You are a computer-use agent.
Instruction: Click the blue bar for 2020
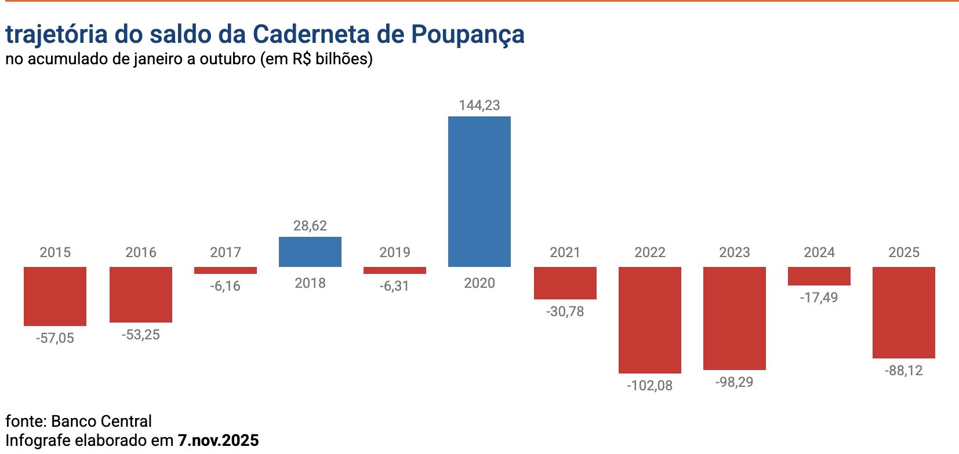pos(479,191)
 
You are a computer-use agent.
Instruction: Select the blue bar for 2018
pos(310,252)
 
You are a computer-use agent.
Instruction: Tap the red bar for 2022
pos(650,320)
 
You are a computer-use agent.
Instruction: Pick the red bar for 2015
pos(55,296)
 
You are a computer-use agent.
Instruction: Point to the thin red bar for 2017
pos(226,270)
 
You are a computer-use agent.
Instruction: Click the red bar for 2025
pos(904,312)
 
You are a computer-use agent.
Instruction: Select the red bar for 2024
pos(819,276)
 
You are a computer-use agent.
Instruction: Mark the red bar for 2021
pos(565,283)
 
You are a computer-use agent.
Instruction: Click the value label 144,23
pos(479,105)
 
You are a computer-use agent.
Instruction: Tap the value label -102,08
pos(650,386)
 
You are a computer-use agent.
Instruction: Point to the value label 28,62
pos(310,226)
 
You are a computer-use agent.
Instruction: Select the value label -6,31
pos(395,286)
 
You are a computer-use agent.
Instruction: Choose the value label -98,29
pos(735,382)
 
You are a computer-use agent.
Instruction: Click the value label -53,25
pos(141,335)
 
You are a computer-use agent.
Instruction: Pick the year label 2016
pos(141,252)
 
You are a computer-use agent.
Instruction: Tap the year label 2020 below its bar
pos(479,283)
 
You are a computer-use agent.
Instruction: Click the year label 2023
pos(735,252)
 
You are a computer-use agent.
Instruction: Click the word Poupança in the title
pos(468,35)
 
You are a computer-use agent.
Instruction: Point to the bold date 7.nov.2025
pos(219,440)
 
